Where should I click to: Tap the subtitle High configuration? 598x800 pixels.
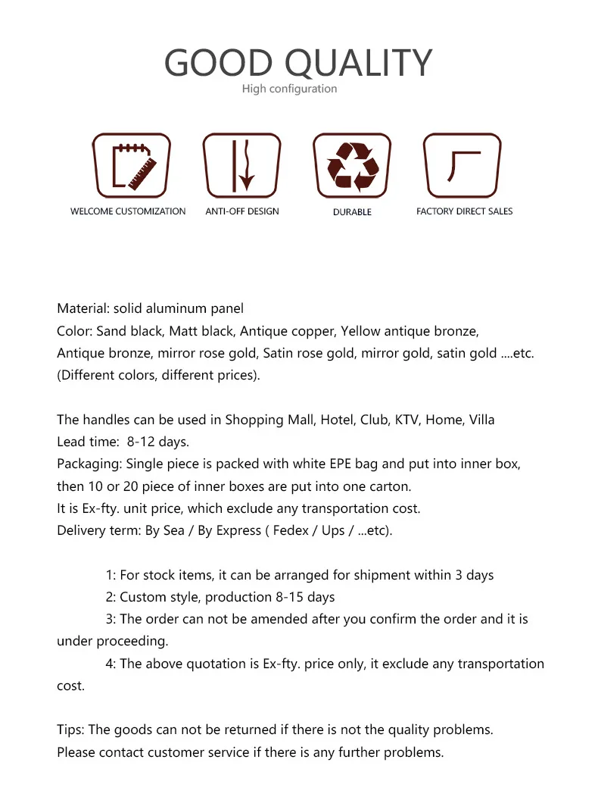pos(289,89)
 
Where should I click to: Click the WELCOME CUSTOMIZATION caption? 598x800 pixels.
pos(128,211)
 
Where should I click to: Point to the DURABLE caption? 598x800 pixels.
pos(352,212)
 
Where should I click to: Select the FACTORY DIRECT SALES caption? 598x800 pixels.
pos(464,211)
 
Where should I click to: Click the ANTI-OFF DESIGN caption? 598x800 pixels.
pos(242,211)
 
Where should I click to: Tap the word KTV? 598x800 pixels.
pos(406,420)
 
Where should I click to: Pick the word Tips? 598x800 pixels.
pos(70,730)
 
